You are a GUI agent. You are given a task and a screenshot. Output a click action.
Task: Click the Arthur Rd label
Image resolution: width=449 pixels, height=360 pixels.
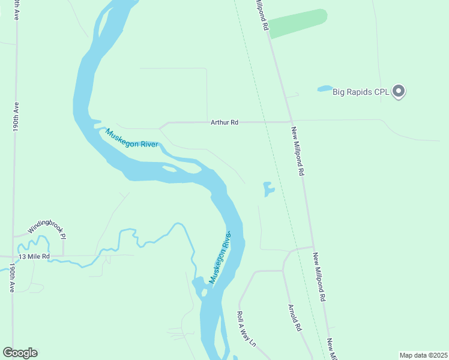[224, 122]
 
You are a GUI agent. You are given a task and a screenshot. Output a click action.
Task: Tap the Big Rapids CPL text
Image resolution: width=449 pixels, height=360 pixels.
[361, 92]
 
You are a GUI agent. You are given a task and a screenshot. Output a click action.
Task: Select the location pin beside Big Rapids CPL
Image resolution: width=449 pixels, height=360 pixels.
[399, 91]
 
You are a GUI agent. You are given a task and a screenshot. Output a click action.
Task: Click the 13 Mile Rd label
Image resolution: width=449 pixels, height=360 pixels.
[33, 256]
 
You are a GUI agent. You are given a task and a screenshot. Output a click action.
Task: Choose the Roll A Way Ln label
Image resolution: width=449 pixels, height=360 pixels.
[246, 329]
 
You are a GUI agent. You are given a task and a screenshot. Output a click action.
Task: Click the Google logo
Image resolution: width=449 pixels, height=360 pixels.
[20, 353]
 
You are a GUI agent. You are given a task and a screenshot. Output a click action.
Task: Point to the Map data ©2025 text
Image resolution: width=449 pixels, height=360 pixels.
[423, 355]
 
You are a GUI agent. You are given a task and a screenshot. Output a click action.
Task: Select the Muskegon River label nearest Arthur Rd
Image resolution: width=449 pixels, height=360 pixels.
[132, 139]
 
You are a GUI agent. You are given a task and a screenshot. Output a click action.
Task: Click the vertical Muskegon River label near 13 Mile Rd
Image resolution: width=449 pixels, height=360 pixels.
[220, 257]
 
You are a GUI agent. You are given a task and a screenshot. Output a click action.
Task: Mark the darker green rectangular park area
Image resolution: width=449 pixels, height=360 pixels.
[297, 23]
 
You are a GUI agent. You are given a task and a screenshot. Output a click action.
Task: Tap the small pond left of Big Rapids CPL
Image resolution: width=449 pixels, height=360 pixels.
[325, 89]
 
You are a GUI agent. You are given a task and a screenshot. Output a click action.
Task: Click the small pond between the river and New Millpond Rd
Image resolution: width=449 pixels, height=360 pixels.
[268, 190]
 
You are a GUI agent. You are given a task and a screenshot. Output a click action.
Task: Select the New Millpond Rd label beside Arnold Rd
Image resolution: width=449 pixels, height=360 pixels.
[318, 276]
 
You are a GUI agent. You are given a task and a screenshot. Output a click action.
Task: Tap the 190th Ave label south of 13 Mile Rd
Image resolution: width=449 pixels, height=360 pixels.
[11, 278]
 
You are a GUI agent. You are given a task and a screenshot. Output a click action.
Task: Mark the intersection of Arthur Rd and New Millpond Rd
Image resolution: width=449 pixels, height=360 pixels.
[291, 122]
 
